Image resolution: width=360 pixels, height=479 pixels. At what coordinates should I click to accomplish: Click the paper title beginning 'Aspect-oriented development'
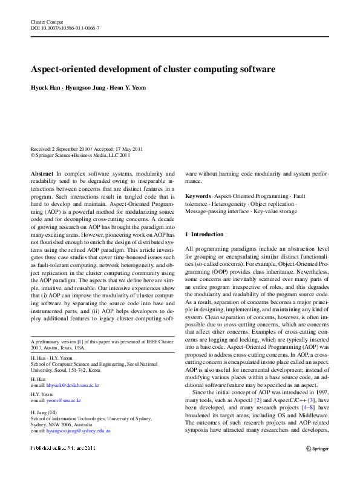pos(153,69)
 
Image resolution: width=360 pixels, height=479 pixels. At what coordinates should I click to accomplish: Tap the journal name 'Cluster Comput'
pos(46,22)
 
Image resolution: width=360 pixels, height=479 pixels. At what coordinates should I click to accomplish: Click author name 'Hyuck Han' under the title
pos(46,88)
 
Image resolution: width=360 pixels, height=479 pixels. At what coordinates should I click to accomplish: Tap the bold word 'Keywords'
pos(198,196)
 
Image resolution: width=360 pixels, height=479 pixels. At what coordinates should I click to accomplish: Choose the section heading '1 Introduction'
pos(205,234)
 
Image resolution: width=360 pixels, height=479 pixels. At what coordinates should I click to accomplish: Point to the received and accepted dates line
pos(87,148)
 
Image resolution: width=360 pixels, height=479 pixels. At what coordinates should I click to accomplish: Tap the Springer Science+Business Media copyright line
pos(80,155)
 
